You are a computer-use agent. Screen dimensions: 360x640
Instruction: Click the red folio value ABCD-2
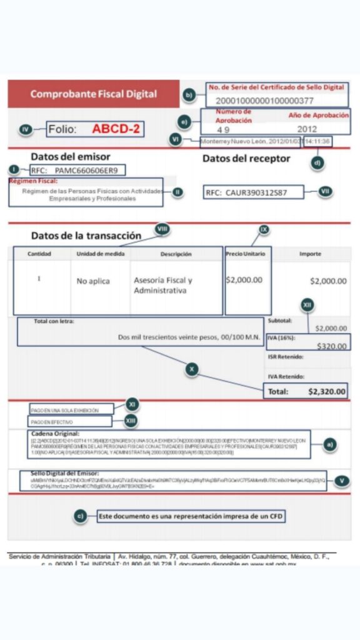[x=116, y=129]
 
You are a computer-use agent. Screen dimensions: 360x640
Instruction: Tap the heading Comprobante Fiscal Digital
[x=94, y=94]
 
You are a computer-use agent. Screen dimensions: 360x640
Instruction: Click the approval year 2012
[x=307, y=129]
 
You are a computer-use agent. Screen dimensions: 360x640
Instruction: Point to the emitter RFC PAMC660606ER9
[x=89, y=169]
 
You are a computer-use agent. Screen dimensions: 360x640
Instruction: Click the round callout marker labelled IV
[x=26, y=129]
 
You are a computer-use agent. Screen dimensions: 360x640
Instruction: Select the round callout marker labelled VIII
[x=162, y=229]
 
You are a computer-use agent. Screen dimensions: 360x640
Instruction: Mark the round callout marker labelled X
[x=192, y=369]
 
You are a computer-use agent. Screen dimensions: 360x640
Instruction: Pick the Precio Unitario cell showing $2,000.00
[x=244, y=280]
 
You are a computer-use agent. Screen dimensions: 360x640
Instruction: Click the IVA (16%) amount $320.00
[x=332, y=346]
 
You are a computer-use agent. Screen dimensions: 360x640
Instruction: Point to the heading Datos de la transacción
[x=86, y=236]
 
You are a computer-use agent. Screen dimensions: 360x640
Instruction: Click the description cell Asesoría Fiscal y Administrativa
[x=163, y=286]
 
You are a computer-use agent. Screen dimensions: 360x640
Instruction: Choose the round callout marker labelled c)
[x=79, y=516]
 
